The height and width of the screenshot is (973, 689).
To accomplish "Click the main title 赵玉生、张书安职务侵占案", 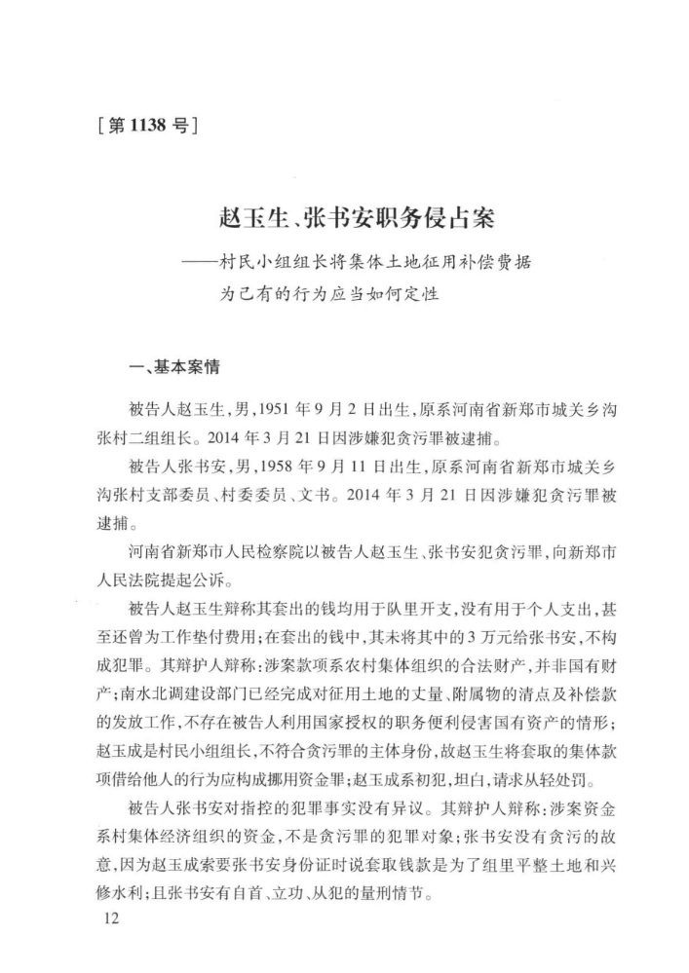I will (x=344, y=218).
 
